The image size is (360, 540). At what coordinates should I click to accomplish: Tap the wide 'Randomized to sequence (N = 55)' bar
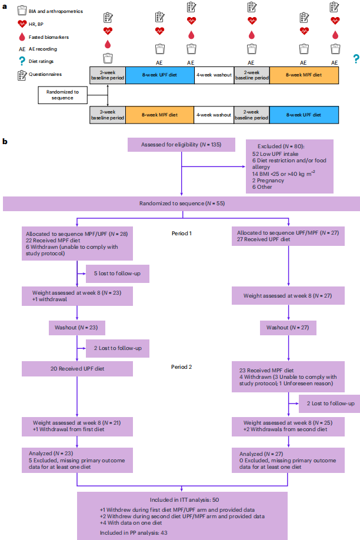pyautogui.click(x=181, y=204)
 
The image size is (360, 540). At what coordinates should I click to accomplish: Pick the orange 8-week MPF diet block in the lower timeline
pyautogui.click(x=159, y=114)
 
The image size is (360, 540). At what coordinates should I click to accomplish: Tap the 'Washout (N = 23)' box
pyautogui.click(x=77, y=328)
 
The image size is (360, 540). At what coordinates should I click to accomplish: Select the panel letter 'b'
pyautogui.click(x=5, y=142)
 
